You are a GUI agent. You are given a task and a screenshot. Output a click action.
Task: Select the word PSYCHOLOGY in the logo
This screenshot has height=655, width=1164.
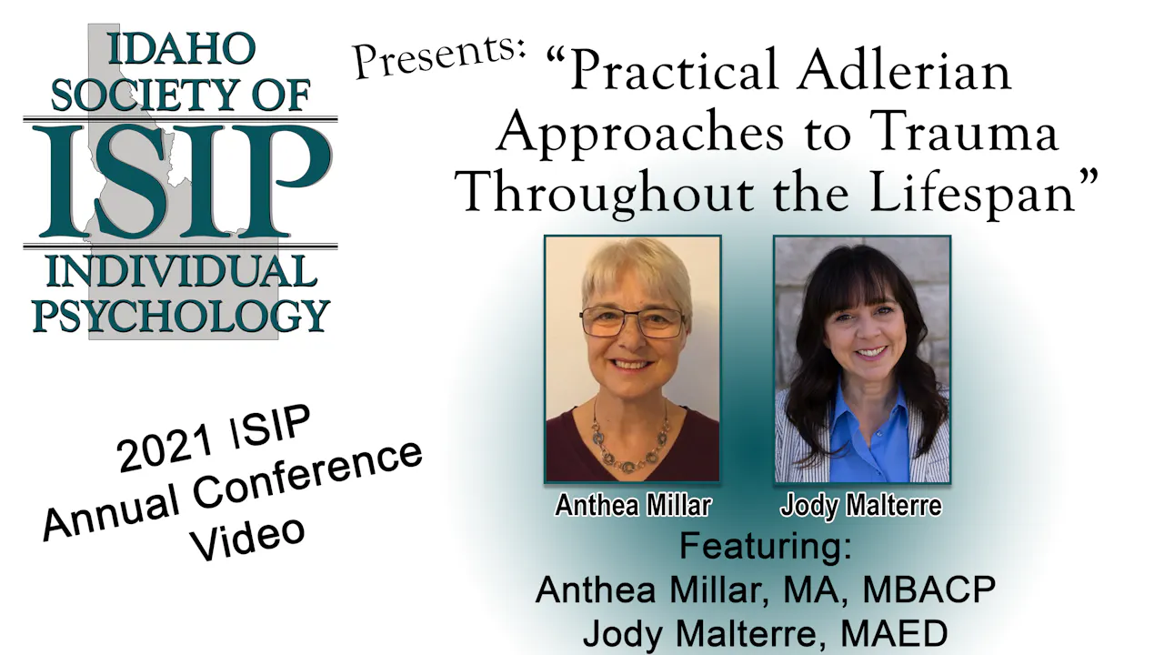180,315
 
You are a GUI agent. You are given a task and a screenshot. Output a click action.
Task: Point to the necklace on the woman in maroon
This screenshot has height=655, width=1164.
631,441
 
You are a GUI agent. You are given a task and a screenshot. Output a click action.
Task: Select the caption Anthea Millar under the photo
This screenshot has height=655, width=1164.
633,506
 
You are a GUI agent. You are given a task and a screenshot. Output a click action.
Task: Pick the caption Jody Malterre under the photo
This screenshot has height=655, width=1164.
861,506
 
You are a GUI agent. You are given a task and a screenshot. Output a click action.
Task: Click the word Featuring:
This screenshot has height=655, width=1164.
766,547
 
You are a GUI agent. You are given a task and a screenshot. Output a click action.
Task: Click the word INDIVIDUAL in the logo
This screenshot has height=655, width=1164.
180,272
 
